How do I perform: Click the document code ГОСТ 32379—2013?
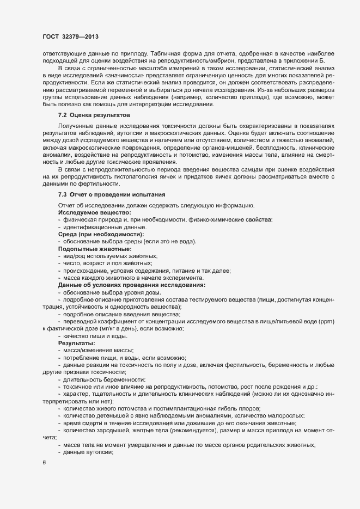[x=70, y=36]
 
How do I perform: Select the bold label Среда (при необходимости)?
[x=97, y=234]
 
